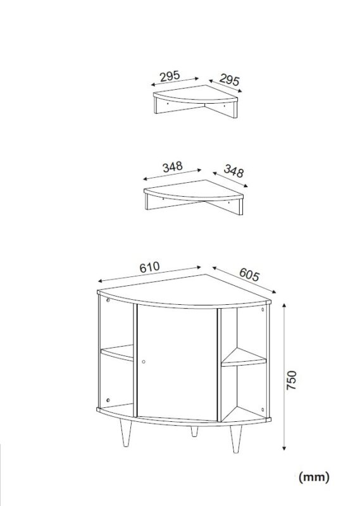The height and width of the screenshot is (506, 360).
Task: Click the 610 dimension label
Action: (149, 267)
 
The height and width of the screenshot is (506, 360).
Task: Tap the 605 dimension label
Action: (249, 275)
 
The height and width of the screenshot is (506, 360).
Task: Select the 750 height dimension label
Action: (292, 380)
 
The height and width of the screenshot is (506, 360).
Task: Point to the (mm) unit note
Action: (314, 477)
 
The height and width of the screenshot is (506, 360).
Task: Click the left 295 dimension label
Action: (170, 76)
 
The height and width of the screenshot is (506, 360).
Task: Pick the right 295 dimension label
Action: (230, 80)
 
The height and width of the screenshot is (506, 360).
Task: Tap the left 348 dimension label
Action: (173, 167)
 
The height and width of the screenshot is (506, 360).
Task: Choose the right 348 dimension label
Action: (233, 171)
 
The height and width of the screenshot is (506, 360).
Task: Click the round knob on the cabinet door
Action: (144, 362)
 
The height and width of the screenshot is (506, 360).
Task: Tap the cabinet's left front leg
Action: (126, 433)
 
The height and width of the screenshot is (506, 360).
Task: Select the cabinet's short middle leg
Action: (194, 431)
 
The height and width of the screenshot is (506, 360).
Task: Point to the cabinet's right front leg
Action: (236, 439)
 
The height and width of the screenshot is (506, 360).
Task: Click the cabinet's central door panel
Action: (177, 362)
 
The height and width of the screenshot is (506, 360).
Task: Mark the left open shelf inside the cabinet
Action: (117, 353)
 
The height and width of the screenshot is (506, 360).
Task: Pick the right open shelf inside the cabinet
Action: (244, 358)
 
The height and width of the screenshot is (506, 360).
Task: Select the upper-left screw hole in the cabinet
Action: (108, 300)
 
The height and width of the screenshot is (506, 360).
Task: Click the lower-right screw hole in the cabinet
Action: (263, 410)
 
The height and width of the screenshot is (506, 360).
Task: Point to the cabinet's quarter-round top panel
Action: (184, 290)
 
